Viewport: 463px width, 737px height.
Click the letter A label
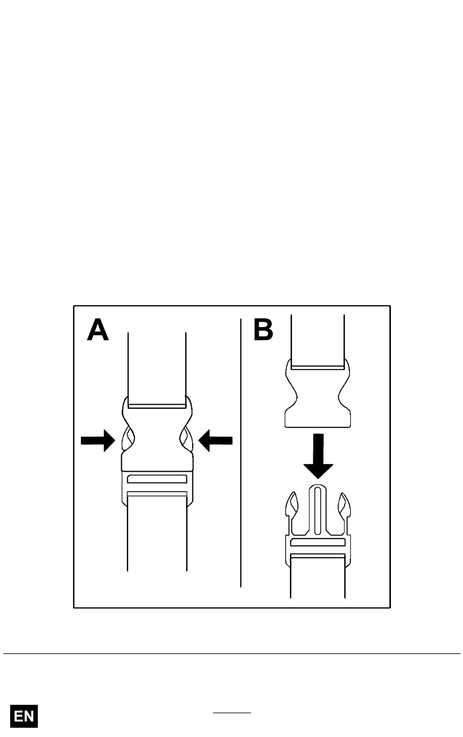[98, 330]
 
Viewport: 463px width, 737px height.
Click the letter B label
[263, 330]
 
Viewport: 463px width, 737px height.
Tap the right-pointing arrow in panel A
[98, 441]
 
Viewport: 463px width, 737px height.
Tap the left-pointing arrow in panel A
[215, 441]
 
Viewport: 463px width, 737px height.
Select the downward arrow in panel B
[318, 456]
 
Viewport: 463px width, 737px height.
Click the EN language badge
[24, 716]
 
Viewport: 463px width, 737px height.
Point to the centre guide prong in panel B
[317, 511]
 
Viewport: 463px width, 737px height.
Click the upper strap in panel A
[157, 370]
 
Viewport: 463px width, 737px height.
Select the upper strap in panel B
[318, 342]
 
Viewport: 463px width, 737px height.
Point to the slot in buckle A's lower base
[157, 479]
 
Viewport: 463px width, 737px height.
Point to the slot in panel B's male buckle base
[318, 542]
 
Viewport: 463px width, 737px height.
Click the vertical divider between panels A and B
[241, 453]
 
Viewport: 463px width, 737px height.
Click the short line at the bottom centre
[232, 713]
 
